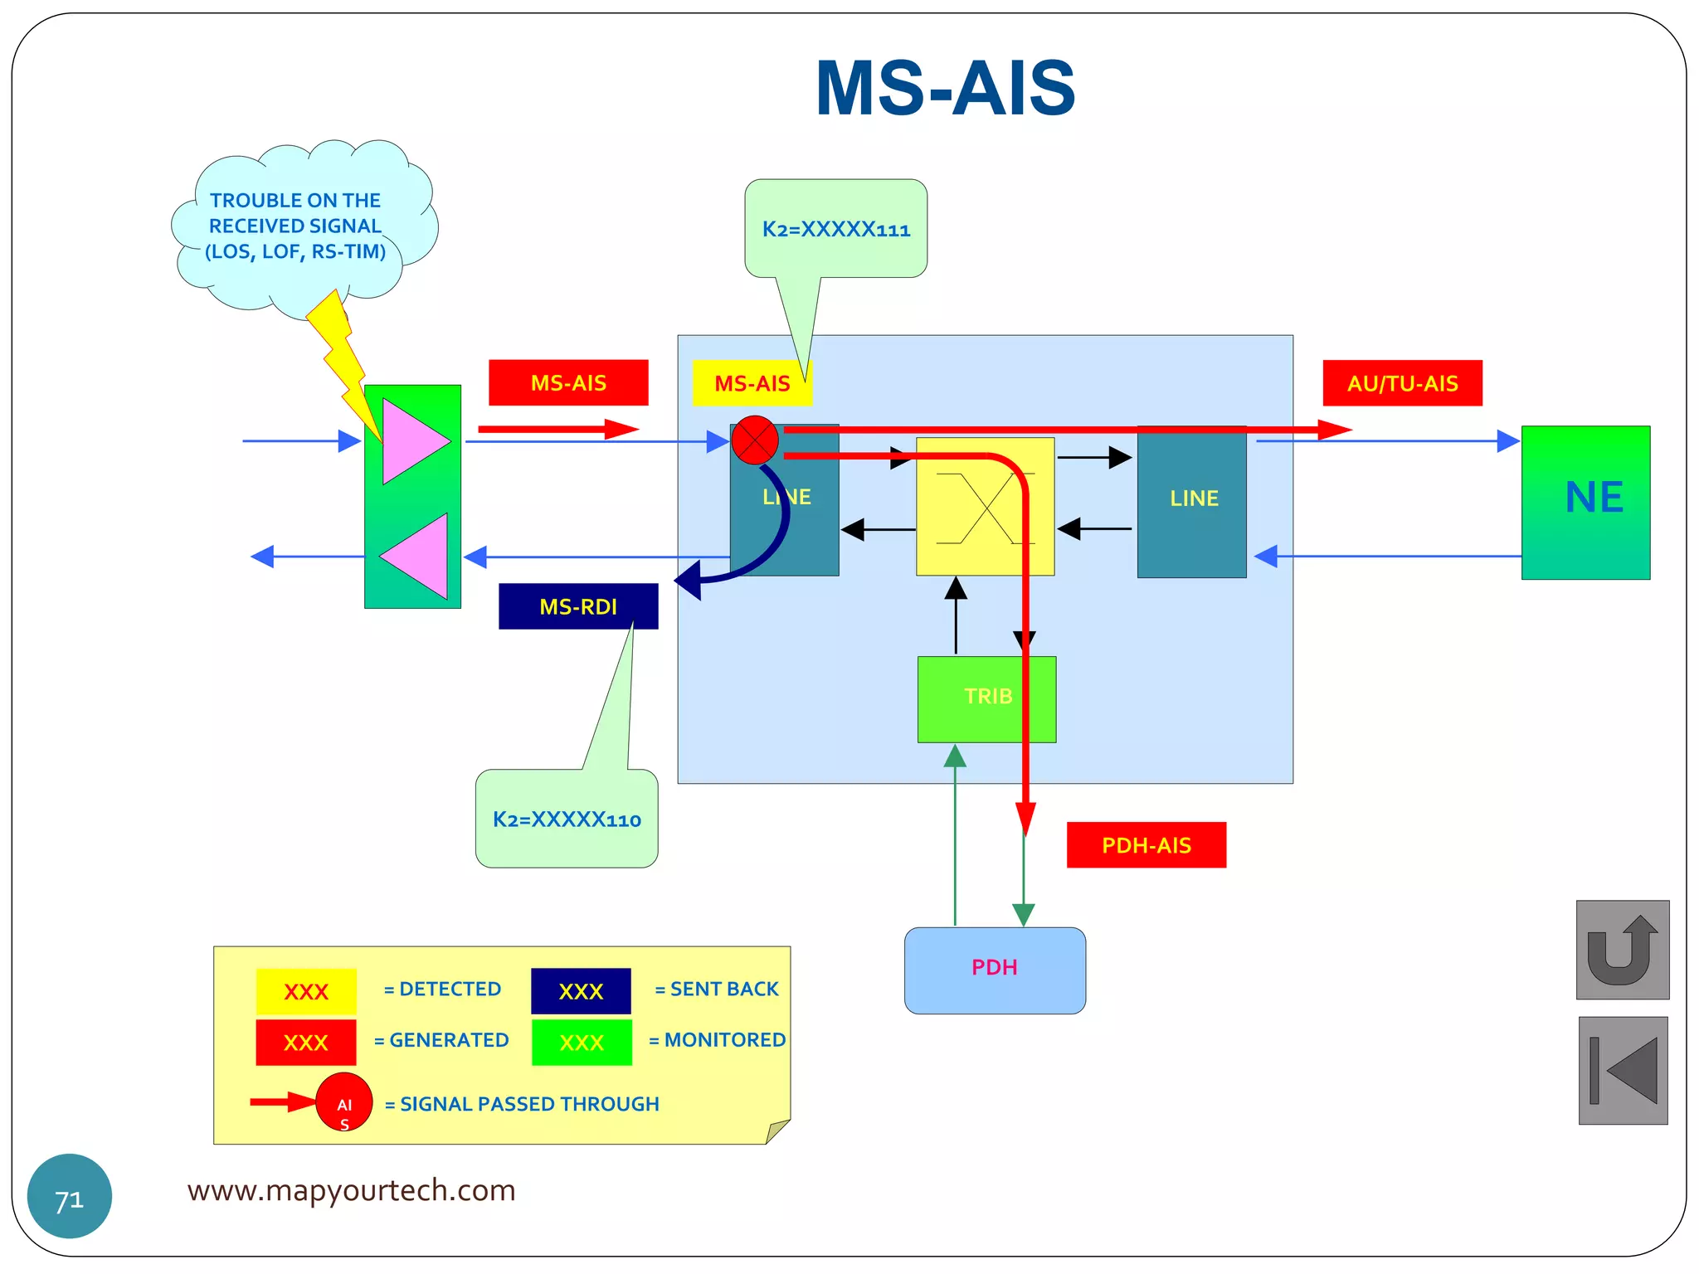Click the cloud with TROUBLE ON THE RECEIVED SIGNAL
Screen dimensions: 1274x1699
tap(295, 226)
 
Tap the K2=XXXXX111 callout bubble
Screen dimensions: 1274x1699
tap(835, 229)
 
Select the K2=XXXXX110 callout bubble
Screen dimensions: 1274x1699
tap(567, 819)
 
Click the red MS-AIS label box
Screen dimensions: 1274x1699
tap(568, 383)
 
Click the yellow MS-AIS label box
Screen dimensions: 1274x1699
tap(751, 384)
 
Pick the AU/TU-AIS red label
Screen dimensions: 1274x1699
tap(1402, 383)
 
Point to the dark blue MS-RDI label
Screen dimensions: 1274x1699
tap(578, 606)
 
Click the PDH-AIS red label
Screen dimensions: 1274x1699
tap(1146, 845)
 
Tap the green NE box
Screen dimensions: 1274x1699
tap(1585, 502)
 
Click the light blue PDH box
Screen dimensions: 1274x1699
tap(994, 970)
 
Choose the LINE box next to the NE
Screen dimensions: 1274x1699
tap(1191, 502)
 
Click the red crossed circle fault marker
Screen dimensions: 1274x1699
tap(754, 440)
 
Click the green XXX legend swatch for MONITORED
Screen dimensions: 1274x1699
tap(582, 1043)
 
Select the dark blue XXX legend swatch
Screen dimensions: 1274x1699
tap(581, 991)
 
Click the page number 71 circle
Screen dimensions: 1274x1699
tap(70, 1196)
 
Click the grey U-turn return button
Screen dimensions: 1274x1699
tap(1622, 950)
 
